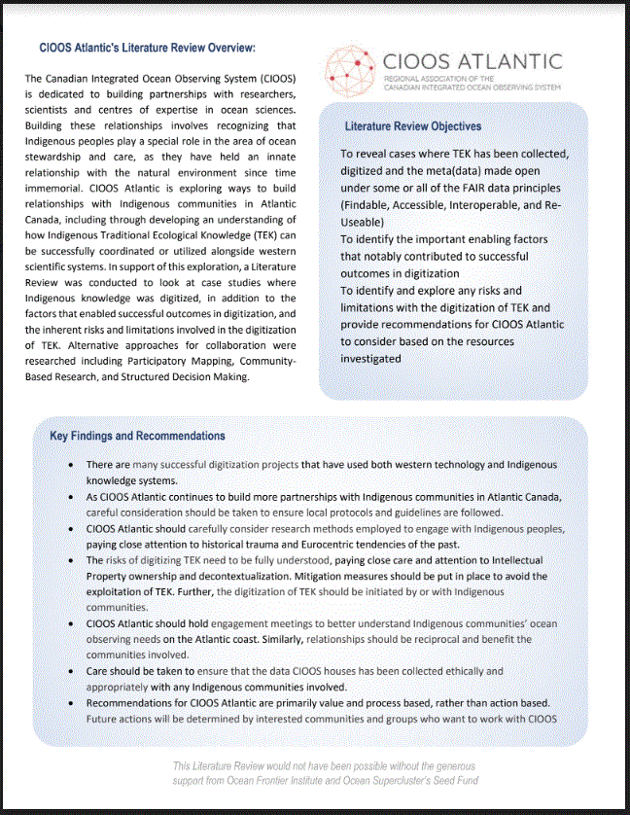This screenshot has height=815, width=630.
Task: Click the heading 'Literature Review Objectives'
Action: (412, 126)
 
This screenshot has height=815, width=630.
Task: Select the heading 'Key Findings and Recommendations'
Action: (137, 436)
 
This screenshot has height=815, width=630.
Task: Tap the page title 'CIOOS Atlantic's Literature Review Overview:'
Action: (148, 47)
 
